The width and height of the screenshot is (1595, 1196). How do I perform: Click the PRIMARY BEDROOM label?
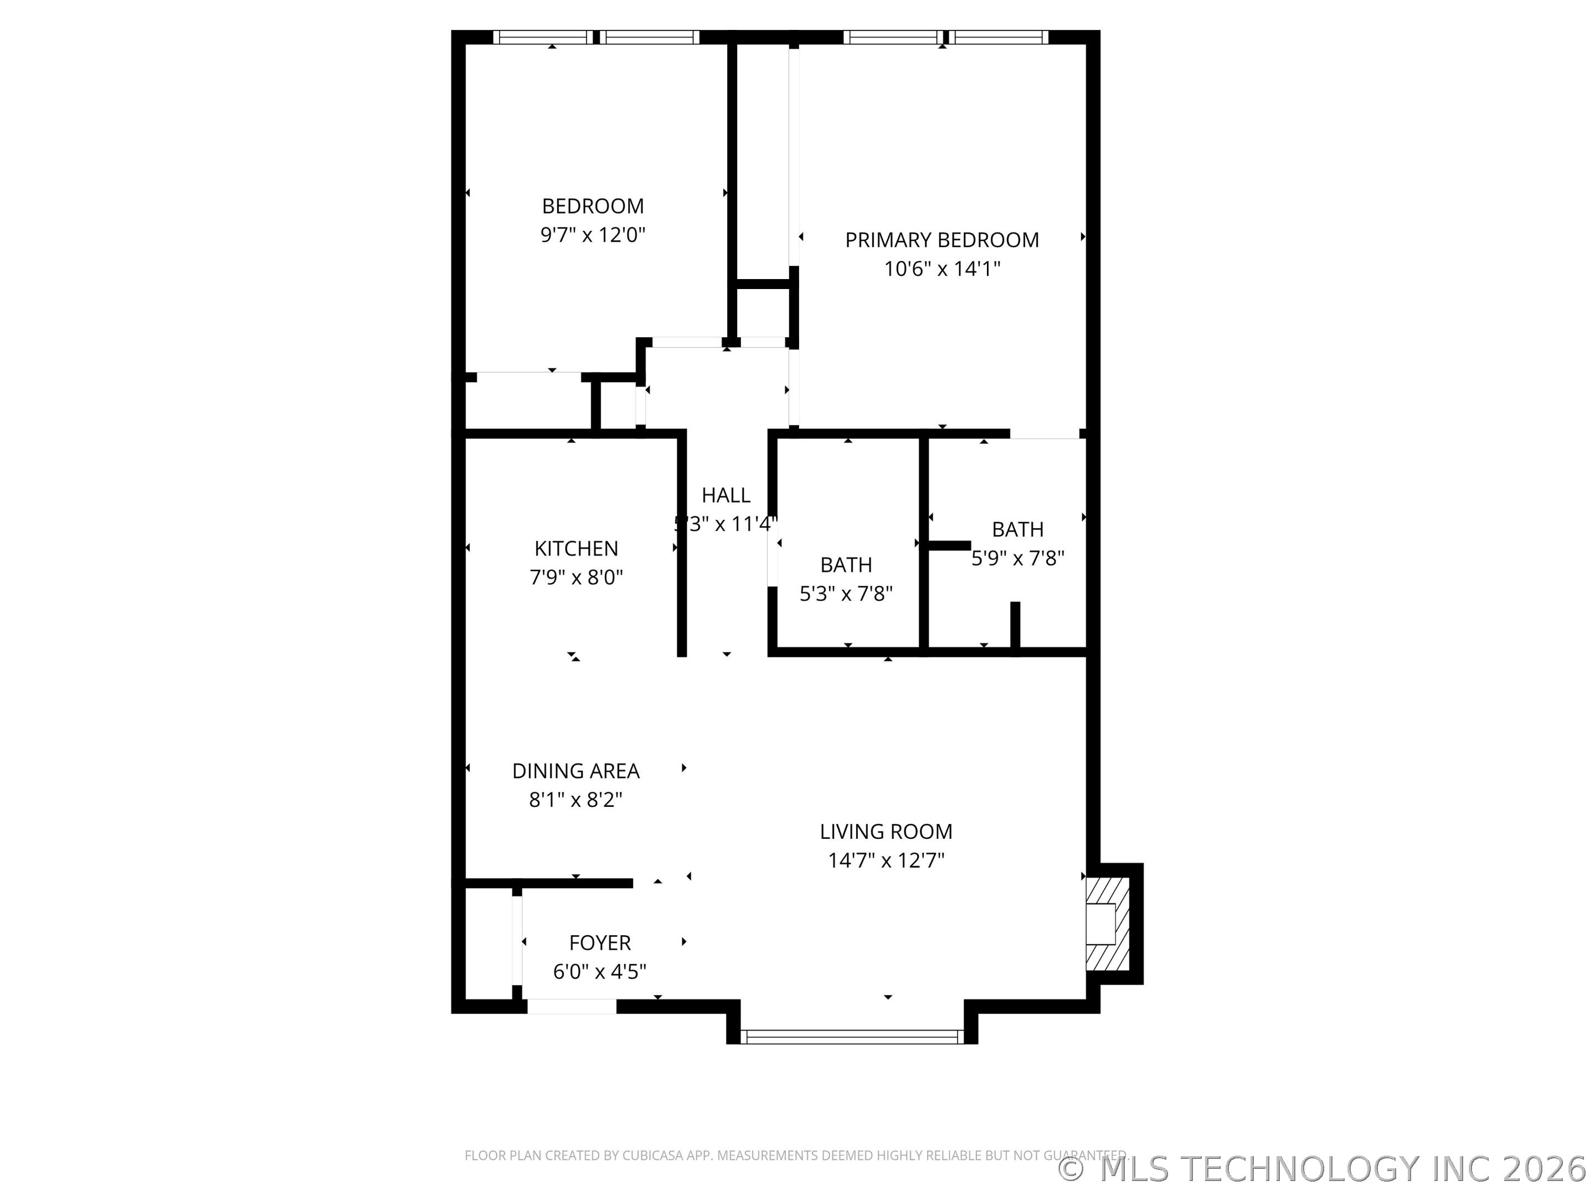pyautogui.click(x=941, y=240)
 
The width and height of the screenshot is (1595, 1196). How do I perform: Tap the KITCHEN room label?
pyautogui.click(x=576, y=549)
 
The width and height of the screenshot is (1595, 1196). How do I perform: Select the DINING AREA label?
pyautogui.click(x=575, y=771)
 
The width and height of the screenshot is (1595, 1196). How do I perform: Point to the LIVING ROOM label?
pyautogui.click(x=886, y=832)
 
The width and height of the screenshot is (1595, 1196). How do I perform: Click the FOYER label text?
pyautogui.click(x=600, y=943)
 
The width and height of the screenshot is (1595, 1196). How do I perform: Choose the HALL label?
pyautogui.click(x=726, y=495)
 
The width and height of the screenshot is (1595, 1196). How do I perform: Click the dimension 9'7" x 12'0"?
pyautogui.click(x=593, y=235)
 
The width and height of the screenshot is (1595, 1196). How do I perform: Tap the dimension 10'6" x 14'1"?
pyautogui.click(x=941, y=269)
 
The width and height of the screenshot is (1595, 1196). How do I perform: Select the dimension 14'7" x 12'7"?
pyautogui.click(x=886, y=861)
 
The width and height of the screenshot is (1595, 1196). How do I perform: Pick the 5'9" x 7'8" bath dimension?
pyautogui.click(x=1017, y=559)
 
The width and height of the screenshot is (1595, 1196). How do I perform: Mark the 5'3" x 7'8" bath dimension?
pyautogui.click(x=846, y=594)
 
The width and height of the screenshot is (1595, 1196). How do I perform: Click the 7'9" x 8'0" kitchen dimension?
pyautogui.click(x=576, y=578)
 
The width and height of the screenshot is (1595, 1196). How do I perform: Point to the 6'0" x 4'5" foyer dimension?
pyautogui.click(x=600, y=972)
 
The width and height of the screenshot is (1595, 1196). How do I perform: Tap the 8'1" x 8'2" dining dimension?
pyautogui.click(x=575, y=800)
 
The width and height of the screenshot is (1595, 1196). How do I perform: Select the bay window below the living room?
pyautogui.click(x=852, y=1037)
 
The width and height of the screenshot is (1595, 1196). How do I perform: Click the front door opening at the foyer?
pyautogui.click(x=572, y=1007)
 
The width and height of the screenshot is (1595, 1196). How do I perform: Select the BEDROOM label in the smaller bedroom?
pyautogui.click(x=593, y=206)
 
